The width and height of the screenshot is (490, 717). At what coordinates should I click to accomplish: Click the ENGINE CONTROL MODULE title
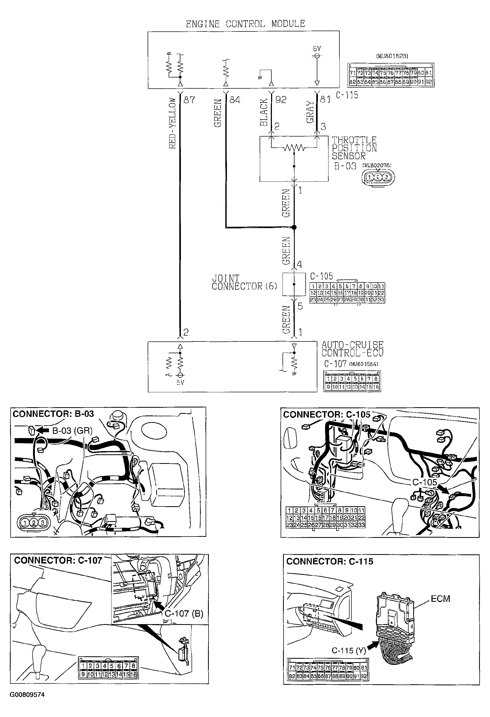pyautogui.click(x=245, y=24)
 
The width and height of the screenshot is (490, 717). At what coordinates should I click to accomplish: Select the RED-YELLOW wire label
pyautogui.click(x=172, y=123)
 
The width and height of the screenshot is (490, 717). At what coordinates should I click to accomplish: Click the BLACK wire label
pyautogui.click(x=264, y=112)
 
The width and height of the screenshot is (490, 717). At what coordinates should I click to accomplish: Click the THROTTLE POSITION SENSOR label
pyautogui.click(x=354, y=148)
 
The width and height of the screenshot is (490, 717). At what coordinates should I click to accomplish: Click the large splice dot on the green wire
pyautogui.click(x=294, y=227)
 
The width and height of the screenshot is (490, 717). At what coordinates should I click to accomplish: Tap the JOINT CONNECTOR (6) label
pyautogui.click(x=244, y=282)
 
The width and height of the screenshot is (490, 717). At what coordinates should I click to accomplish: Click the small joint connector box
pyautogui.click(x=294, y=284)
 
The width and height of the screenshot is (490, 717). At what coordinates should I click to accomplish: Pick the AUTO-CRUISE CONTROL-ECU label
pyautogui.click(x=352, y=349)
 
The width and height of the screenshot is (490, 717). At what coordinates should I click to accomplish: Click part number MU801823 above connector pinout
pyautogui.click(x=392, y=56)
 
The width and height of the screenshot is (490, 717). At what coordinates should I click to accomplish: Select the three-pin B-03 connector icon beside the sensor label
pyautogui.click(x=378, y=178)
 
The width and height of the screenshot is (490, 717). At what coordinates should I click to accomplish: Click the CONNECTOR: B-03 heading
pyautogui.click(x=53, y=414)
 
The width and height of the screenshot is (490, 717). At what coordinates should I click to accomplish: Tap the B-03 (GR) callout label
pyautogui.click(x=72, y=430)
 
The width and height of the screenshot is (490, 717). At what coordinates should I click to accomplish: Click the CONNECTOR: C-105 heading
pyautogui.click(x=327, y=414)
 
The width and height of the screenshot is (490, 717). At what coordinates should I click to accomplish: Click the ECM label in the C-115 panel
pyautogui.click(x=440, y=599)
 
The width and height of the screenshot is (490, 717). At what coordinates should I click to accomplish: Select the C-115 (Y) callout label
pyautogui.click(x=348, y=650)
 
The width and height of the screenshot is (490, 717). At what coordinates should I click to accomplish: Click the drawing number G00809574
pyautogui.click(x=27, y=695)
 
